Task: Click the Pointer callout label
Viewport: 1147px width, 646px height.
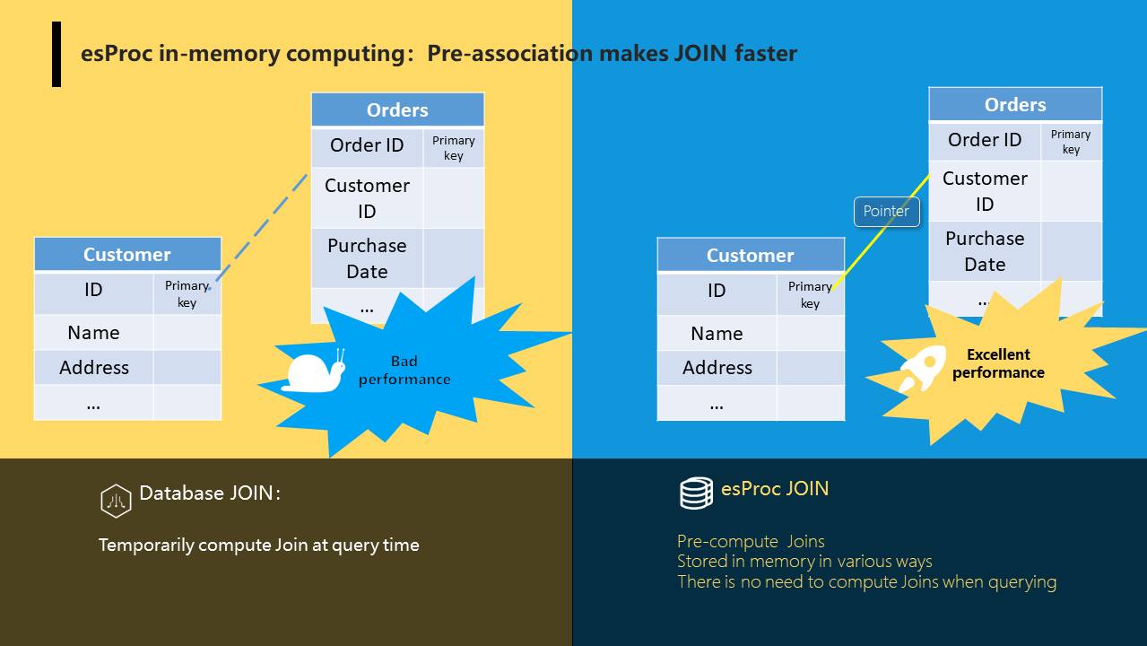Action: click(886, 211)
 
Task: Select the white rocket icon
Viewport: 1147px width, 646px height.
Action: click(922, 369)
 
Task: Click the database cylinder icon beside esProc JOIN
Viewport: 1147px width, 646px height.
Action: click(696, 493)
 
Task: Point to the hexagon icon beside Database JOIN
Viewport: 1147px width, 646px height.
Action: click(116, 501)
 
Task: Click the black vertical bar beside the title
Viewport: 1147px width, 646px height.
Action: click(56, 54)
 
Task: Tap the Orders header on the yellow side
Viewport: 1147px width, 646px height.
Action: click(397, 109)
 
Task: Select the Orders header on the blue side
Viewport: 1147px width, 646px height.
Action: click(1015, 104)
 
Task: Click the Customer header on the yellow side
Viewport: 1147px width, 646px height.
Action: click(127, 254)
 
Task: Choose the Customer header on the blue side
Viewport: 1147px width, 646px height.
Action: click(751, 255)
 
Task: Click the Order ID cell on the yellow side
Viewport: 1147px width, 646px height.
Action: click(367, 145)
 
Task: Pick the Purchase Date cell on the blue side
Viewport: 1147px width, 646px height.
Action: click(985, 251)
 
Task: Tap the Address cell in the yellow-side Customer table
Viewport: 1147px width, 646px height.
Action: click(94, 367)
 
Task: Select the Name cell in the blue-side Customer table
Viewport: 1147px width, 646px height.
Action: click(717, 334)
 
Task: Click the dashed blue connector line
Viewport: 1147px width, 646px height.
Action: click(261, 228)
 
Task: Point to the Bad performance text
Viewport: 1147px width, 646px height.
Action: click(404, 371)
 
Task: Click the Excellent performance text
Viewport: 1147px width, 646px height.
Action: click(998, 363)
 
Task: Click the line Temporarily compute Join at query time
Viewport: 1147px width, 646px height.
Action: click(258, 546)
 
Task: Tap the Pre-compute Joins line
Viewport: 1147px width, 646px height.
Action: click(751, 542)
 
